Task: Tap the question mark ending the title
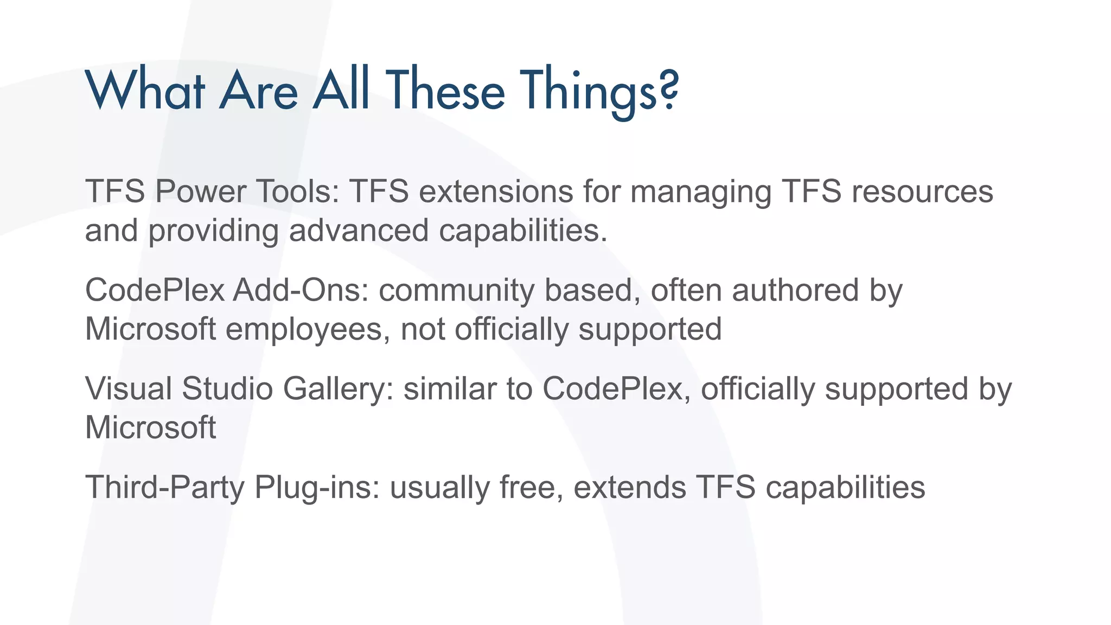[669, 90]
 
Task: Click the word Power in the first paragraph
[200, 192]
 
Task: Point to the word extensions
[496, 192]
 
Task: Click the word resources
[922, 192]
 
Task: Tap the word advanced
[359, 230]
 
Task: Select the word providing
[213, 231]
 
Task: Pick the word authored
[795, 290]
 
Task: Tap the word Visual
[129, 388]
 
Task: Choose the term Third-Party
[165, 487]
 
